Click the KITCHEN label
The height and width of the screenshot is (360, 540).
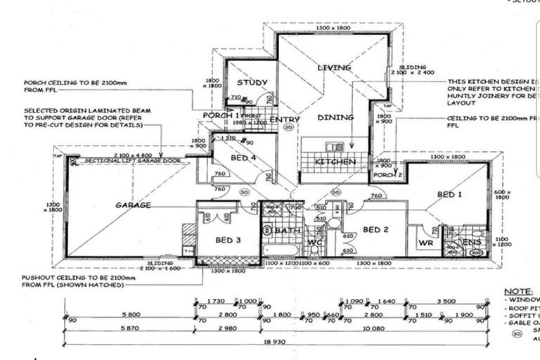click(x=335, y=162)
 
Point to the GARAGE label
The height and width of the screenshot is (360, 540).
click(x=133, y=205)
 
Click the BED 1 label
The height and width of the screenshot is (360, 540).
click(x=449, y=194)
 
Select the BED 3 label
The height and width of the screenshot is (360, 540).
click(x=229, y=240)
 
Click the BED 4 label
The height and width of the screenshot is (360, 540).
click(x=243, y=159)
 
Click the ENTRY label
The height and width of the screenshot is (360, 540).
click(x=284, y=120)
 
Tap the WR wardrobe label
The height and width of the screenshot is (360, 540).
click(x=425, y=243)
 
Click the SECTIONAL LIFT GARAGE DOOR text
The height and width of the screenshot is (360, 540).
click(x=133, y=162)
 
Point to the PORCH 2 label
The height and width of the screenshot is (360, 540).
click(x=385, y=175)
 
